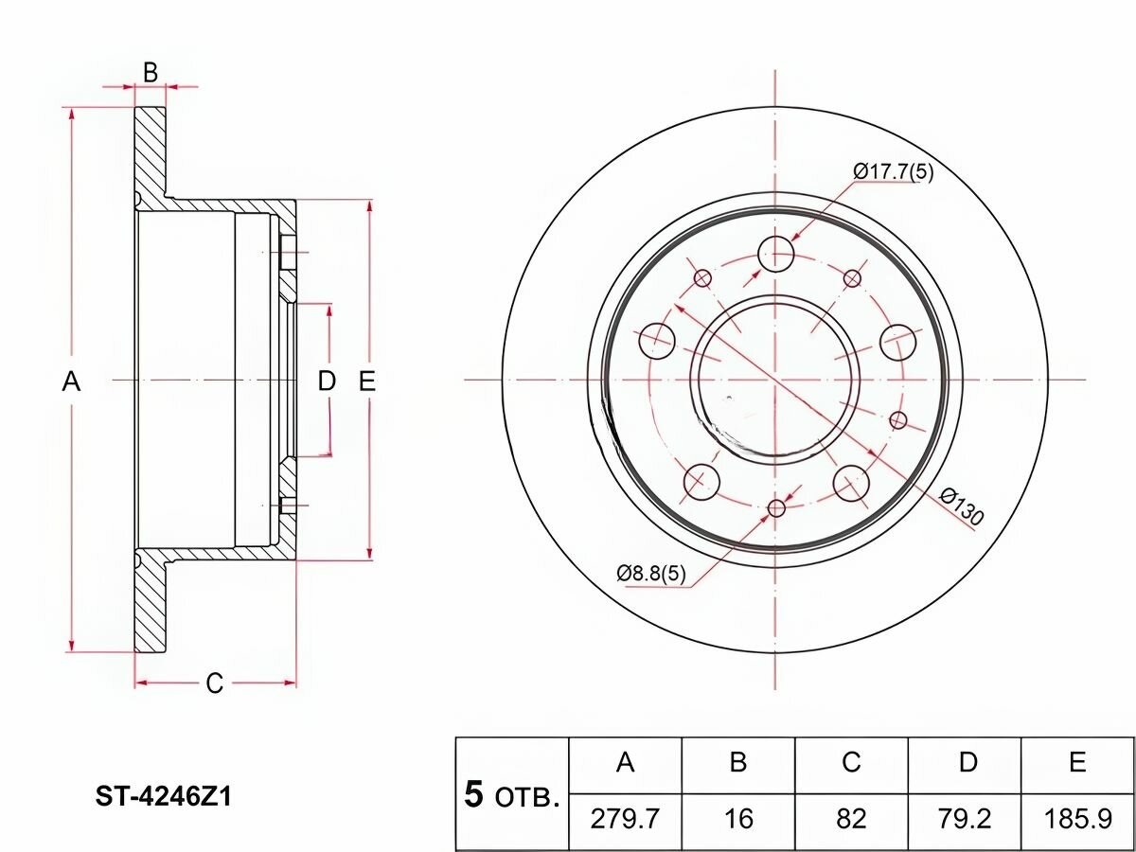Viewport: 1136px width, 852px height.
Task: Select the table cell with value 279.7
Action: [x=625, y=818]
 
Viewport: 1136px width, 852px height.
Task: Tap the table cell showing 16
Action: [x=738, y=818]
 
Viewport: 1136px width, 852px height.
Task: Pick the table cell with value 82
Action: [x=851, y=818]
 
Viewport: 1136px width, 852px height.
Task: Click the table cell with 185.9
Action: [x=1077, y=818]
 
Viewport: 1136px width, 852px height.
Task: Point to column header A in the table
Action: [x=625, y=763]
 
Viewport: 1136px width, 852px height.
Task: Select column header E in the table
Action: [x=1077, y=763]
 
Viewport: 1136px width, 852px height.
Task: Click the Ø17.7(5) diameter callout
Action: [x=893, y=171]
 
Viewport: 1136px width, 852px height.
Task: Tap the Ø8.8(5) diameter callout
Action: [x=651, y=574]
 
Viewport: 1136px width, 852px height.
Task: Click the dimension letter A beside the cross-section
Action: [x=71, y=382]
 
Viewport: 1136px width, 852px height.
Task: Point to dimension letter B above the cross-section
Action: [x=150, y=72]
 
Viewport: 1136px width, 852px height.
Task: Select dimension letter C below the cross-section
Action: [x=215, y=683]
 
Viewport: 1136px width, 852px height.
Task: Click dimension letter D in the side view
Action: [x=327, y=382]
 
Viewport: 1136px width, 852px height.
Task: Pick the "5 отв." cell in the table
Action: [x=512, y=794]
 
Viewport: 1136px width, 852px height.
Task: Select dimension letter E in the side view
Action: [x=367, y=382]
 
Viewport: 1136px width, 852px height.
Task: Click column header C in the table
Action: [x=851, y=763]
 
